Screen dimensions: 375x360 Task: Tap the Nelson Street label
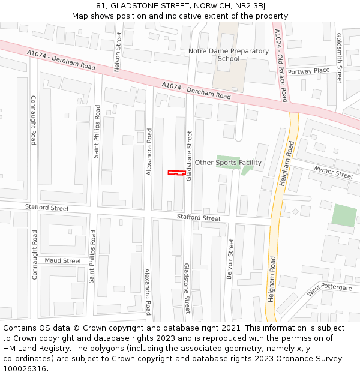point(118,52)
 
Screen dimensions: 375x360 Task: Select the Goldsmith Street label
point(339,58)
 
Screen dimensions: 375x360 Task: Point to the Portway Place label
point(308,71)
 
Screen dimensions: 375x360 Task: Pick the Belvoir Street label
point(230,259)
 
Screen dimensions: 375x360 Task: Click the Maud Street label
point(63,261)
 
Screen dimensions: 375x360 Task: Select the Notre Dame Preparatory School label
point(228,55)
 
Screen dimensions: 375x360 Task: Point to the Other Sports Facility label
point(228,163)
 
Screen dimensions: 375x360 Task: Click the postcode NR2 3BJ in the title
point(250,6)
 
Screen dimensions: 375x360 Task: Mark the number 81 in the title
point(100,6)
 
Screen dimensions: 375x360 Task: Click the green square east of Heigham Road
point(344,216)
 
